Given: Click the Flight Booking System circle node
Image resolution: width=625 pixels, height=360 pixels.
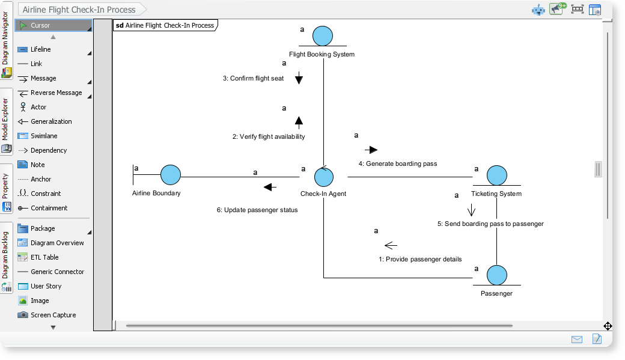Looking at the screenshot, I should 323,37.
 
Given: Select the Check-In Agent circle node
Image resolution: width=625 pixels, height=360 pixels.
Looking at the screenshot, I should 324,176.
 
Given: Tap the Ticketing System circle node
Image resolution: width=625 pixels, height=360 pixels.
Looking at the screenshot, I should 496,175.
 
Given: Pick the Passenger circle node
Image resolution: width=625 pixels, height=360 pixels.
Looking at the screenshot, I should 496,275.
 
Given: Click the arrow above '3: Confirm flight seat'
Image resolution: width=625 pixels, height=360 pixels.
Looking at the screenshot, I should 299,78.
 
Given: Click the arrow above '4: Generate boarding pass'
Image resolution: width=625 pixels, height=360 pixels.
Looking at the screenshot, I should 371,150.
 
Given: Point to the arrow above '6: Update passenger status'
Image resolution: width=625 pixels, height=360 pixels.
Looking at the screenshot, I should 270,187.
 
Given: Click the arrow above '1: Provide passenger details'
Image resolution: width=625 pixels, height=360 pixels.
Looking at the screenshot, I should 391,245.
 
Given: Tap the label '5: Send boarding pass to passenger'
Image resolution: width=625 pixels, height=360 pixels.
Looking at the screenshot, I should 490,224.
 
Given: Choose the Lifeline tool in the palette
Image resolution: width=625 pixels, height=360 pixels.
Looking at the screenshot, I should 41,49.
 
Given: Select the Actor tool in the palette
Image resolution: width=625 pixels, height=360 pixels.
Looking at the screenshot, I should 38,107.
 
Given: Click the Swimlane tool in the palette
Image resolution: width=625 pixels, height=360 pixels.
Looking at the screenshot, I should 44,136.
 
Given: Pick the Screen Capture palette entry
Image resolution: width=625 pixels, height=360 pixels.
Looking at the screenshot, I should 53,315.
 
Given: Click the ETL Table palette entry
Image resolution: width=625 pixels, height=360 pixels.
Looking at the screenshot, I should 44,257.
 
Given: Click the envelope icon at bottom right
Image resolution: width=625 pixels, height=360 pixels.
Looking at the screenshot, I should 577,340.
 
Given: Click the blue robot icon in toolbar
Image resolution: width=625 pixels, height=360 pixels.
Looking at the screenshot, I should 538,10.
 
